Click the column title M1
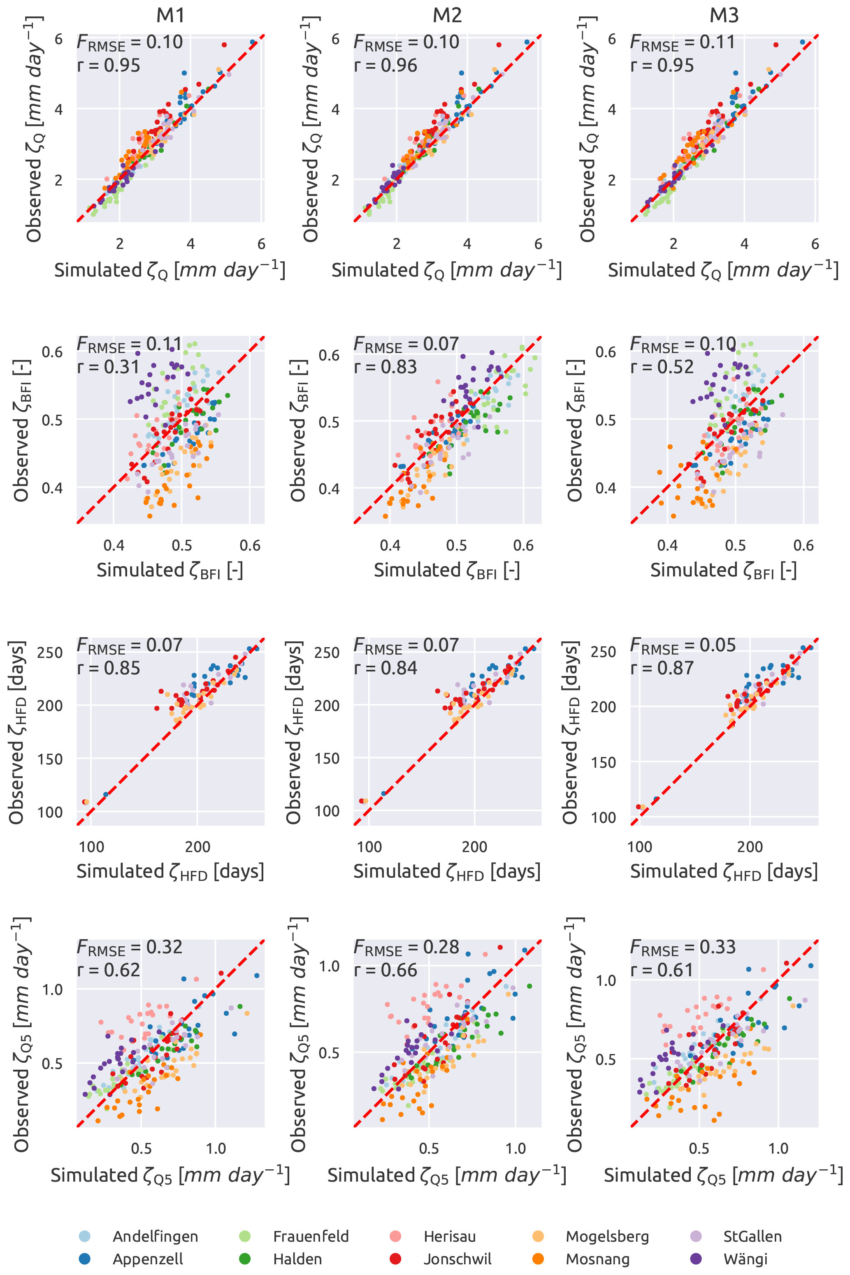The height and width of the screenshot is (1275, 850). coord(170,15)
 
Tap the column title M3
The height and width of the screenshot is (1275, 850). coord(724,15)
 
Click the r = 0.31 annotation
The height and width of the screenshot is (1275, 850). coord(109,367)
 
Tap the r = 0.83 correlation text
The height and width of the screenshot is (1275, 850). coord(386,367)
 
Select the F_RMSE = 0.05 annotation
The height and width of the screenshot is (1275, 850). coord(683,645)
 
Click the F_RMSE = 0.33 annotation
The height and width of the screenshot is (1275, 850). coord(683,947)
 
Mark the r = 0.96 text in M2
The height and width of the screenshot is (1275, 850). coord(386,65)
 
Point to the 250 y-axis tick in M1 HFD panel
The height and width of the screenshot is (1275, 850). coord(50,653)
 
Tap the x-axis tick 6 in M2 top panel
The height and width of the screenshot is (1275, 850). coord(538,244)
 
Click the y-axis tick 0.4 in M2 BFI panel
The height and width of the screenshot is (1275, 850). coord(329,489)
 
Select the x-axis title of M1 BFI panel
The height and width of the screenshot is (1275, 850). coord(170,570)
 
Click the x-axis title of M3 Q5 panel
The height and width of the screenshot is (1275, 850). coord(723,1175)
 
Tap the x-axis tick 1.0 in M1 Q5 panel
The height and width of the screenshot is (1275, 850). coord(216,1148)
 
